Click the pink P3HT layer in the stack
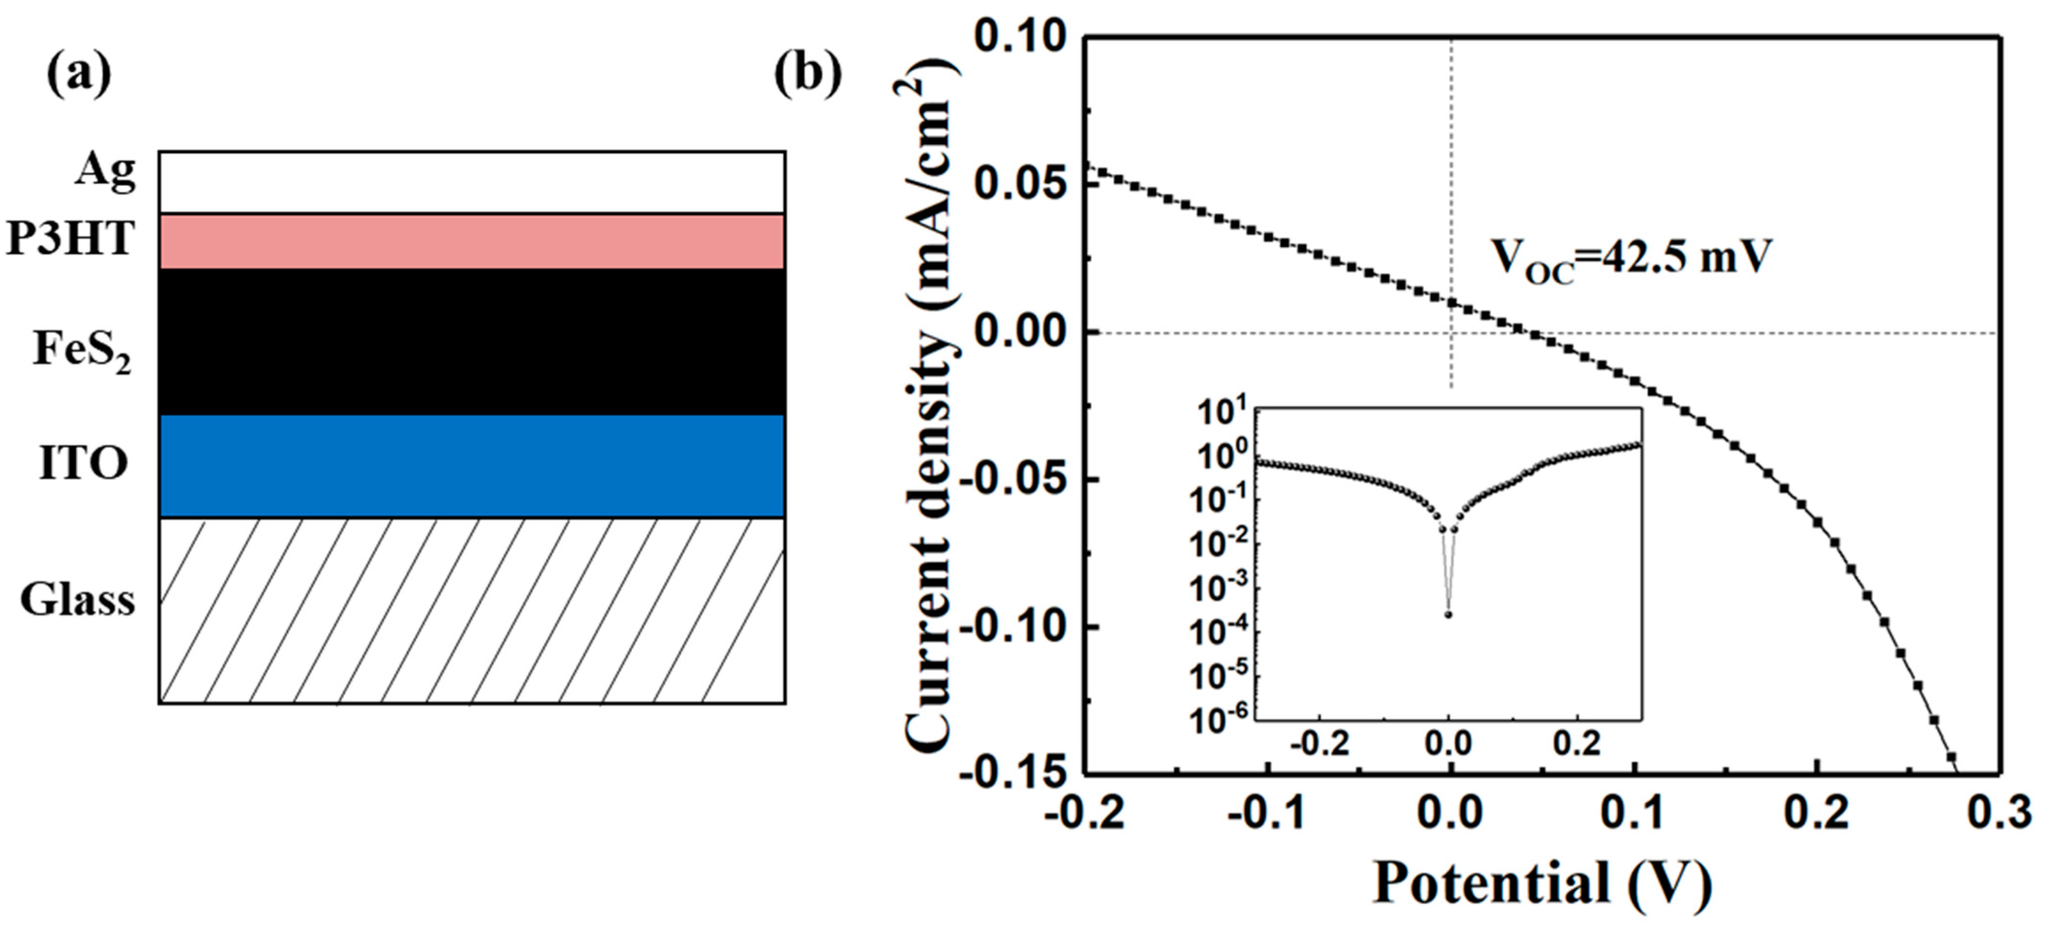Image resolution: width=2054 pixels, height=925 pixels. [x=471, y=241]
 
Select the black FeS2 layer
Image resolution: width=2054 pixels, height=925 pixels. [x=471, y=341]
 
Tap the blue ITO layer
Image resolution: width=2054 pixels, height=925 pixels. [x=471, y=466]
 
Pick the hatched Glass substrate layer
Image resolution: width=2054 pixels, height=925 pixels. [x=471, y=611]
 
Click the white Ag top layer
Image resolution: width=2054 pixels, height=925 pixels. [x=471, y=182]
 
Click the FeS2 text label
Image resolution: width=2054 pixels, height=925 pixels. [x=81, y=351]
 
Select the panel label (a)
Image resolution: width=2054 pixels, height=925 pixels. [x=78, y=76]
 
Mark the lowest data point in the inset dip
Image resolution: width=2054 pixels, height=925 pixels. [x=1448, y=614]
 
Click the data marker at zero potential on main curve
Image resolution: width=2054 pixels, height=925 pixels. [x=1451, y=302]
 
